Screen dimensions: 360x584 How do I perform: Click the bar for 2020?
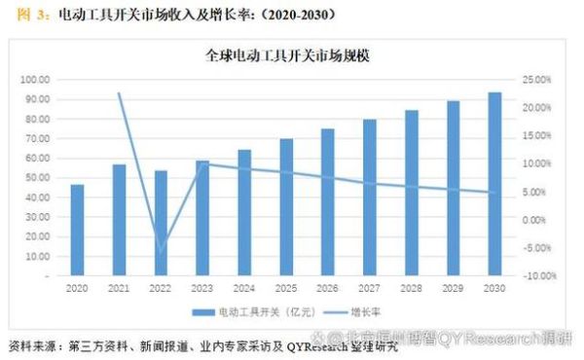click(77, 230)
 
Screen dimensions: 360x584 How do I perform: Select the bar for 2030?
click(494, 184)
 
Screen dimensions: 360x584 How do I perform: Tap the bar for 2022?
click(161, 223)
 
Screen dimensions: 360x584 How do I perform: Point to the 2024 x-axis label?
click(244, 288)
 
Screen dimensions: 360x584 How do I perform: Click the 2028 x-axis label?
click(412, 288)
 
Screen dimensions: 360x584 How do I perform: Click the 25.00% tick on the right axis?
click(536, 79)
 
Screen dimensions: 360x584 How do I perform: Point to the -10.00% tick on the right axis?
click(536, 276)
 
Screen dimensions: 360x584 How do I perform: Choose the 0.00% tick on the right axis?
click(538, 220)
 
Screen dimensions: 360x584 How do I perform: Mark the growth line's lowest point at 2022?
click(161, 253)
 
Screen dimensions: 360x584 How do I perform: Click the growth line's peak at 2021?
click(119, 93)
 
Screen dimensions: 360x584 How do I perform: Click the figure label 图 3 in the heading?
click(24, 14)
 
